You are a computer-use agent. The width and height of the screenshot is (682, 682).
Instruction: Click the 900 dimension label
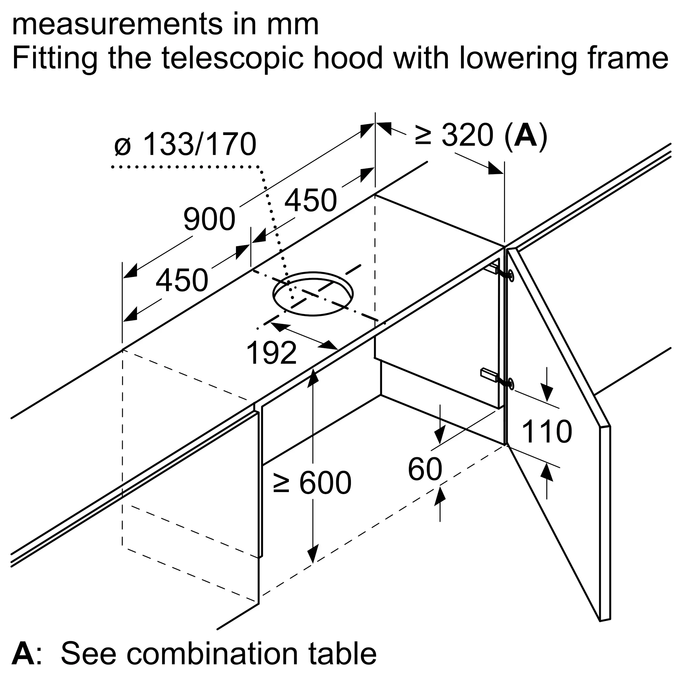click(x=209, y=220)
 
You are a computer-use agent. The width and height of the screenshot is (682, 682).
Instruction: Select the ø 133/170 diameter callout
click(x=185, y=144)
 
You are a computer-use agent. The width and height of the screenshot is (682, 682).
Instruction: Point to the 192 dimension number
click(x=271, y=353)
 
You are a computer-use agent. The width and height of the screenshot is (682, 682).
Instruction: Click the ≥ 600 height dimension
click(x=312, y=483)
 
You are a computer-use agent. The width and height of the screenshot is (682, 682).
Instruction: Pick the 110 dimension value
click(x=546, y=431)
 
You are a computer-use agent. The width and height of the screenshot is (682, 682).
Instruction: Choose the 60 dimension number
click(x=425, y=469)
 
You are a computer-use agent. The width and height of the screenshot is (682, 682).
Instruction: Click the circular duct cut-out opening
click(x=313, y=294)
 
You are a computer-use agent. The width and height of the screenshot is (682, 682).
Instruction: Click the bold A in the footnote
click(x=23, y=654)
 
